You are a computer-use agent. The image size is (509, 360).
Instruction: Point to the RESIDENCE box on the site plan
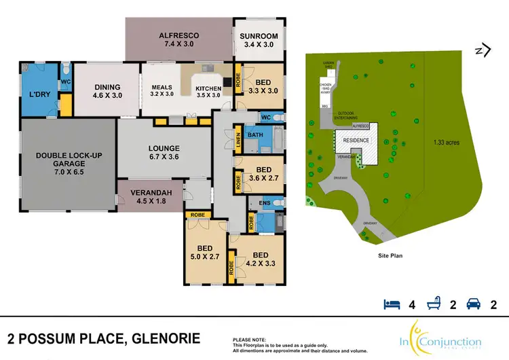tap(356, 140)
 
